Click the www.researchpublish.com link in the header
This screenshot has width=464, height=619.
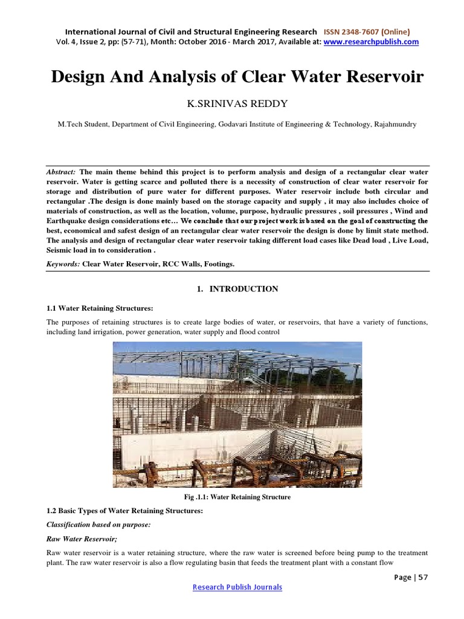pos(371,42)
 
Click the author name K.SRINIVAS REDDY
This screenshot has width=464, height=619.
pos(231,104)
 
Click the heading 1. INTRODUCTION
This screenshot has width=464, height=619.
pos(237,289)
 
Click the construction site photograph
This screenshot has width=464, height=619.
pos(237,414)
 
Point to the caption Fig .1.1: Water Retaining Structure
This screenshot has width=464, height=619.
pos(237,497)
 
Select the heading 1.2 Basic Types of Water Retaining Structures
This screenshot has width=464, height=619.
pos(124,511)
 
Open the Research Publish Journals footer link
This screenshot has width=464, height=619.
pos(237,587)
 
